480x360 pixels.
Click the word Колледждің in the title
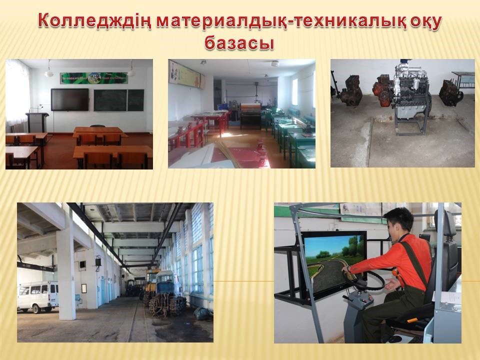pos(95,21)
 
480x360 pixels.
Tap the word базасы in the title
pos(239,42)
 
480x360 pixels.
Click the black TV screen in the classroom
pos(70,99)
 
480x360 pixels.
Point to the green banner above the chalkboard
pos(94,78)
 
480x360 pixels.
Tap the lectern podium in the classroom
pos(36,122)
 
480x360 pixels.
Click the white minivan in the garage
pos(37,296)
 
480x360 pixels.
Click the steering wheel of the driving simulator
pos(366,280)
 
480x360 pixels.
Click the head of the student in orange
pos(398,221)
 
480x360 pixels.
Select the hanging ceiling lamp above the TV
pos(48,70)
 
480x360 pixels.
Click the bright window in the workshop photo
pos(295,92)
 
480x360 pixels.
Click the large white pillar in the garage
pos(66,275)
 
